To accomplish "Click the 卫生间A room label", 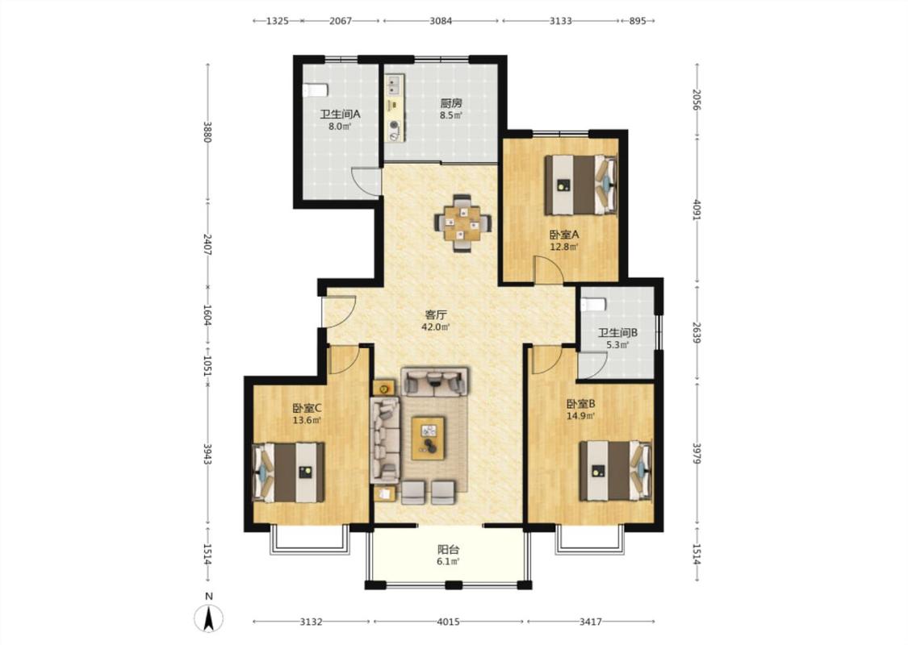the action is (x=340, y=114).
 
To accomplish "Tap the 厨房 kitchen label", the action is (x=451, y=103).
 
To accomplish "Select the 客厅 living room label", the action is (x=436, y=315).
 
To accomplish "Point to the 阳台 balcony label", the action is (x=448, y=550).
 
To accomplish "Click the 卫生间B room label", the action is (x=618, y=333).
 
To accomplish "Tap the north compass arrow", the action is (x=209, y=618).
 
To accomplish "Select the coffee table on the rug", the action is (x=429, y=438).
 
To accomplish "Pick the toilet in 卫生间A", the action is (x=315, y=90).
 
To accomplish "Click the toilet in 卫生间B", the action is (x=593, y=304).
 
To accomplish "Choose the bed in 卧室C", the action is (x=288, y=472).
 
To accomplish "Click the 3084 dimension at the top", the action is (x=441, y=22).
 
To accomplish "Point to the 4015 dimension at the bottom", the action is (x=448, y=622).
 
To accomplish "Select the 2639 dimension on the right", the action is (x=697, y=333).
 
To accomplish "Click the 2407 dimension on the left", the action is (x=208, y=244).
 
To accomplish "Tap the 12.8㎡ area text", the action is (x=564, y=247).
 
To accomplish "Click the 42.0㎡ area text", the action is (x=436, y=327).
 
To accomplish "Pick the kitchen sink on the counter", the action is (x=394, y=86).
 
